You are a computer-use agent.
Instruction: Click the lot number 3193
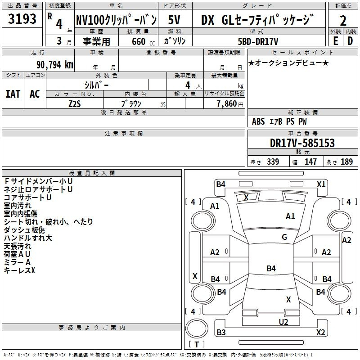pos(22,19)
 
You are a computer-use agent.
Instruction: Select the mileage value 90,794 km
pos(55,65)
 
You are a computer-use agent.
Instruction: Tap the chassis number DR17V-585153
pos(302,143)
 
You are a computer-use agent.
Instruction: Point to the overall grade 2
pos(343,21)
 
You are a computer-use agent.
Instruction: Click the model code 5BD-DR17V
pos(258,41)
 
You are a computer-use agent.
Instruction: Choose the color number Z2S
pos(75,104)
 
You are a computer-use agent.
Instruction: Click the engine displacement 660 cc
pos(143,41)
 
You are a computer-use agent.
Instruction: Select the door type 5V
pos(174,20)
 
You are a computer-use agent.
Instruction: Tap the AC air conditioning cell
pos(35,94)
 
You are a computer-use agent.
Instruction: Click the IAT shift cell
pos(13,94)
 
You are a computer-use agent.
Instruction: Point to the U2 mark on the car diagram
pos(283,322)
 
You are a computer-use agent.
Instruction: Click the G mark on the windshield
pos(284,237)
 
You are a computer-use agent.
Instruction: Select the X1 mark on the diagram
pos(321,184)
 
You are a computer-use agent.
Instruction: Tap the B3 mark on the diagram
pos(221,332)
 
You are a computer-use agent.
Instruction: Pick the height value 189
pos(346,162)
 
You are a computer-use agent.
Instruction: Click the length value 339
pos(273,162)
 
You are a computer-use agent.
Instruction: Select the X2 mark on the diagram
pos(320,332)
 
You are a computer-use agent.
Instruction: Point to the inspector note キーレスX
pos(19,270)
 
